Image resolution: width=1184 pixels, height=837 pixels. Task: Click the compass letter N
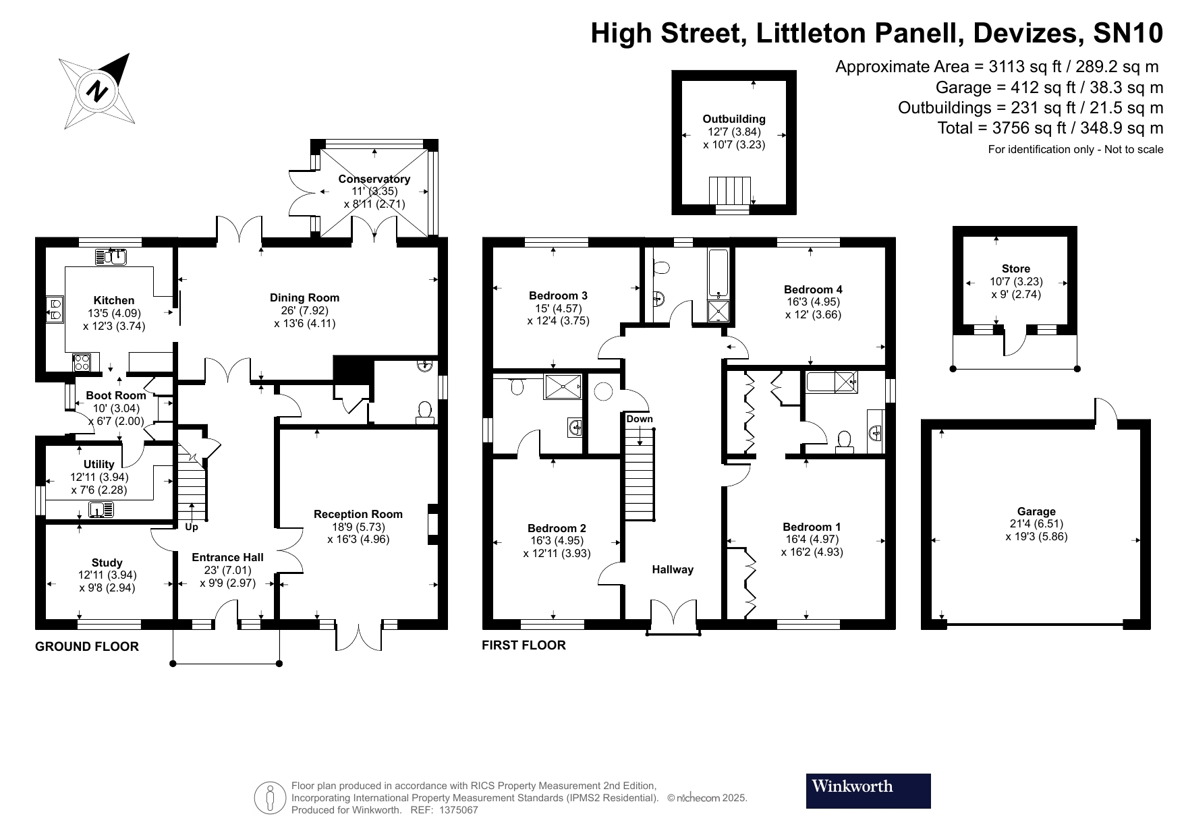pyautogui.click(x=98, y=90)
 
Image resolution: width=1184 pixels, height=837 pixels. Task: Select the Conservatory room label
pyautogui.click(x=374, y=179)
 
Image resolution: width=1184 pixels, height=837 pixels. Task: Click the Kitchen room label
pyautogui.click(x=113, y=300)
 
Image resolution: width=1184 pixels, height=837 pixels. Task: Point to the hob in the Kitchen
pyautogui.click(x=82, y=362)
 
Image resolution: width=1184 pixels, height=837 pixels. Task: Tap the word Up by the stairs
pyautogui.click(x=192, y=527)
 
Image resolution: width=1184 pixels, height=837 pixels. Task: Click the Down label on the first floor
pyautogui.click(x=639, y=419)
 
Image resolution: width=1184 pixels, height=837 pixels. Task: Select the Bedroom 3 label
pyautogui.click(x=557, y=295)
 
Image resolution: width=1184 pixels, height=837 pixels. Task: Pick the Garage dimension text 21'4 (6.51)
pyautogui.click(x=1036, y=524)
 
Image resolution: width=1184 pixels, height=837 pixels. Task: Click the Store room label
pyautogui.click(x=1015, y=268)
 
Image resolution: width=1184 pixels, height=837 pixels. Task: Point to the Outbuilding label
pyautogui.click(x=734, y=119)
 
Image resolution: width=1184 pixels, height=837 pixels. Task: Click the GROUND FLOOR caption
pyautogui.click(x=86, y=647)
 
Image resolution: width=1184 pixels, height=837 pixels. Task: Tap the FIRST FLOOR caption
pyautogui.click(x=524, y=645)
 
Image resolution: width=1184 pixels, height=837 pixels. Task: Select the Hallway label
pyautogui.click(x=672, y=569)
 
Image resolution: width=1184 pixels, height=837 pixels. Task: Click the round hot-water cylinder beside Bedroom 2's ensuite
pyautogui.click(x=602, y=392)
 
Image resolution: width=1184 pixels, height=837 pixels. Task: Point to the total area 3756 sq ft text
pyautogui.click(x=1050, y=128)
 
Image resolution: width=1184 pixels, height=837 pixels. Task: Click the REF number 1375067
pyautogui.click(x=458, y=810)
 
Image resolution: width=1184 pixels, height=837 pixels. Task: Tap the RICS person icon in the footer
pyautogui.click(x=270, y=798)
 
